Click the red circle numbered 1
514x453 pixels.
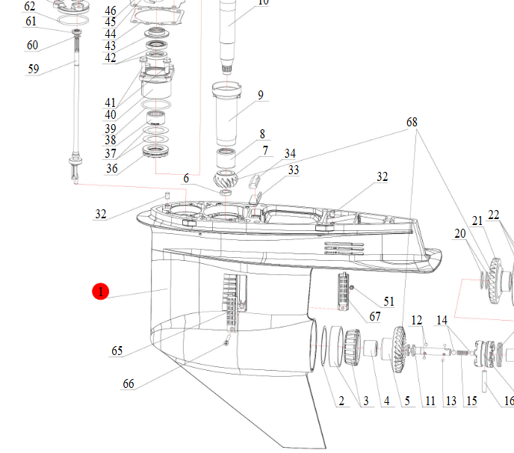100,292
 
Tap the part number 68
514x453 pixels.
412,123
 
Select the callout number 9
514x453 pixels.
260,95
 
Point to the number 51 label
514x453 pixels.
388,301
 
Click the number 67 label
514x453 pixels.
375,316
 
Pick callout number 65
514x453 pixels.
117,351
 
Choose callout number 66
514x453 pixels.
128,383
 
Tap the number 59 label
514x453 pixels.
33,69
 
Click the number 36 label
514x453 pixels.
112,169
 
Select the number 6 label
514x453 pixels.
186,178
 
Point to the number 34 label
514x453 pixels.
290,153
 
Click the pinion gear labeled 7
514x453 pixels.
226,179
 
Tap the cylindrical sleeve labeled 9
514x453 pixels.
227,114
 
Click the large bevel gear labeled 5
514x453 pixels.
399,349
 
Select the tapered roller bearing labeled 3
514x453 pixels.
353,348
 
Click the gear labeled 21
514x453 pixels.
495,281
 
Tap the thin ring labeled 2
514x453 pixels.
324,346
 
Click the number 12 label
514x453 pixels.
417,320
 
